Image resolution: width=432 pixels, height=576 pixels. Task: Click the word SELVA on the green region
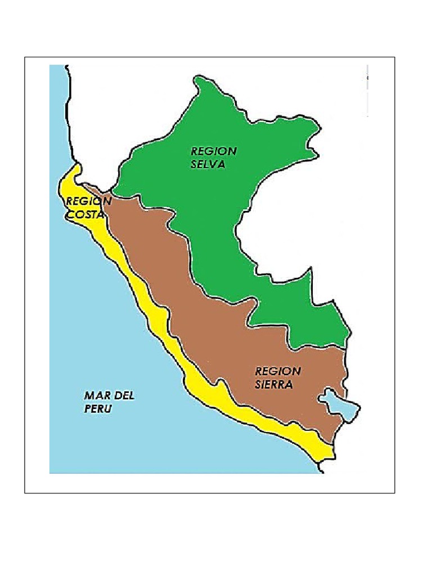click(208, 164)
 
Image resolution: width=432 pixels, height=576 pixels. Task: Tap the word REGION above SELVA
click(213, 151)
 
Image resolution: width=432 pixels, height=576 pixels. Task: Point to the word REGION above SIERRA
click(278, 371)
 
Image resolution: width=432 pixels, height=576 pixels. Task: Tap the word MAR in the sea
click(97, 396)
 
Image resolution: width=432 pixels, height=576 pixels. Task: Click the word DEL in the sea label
click(124, 396)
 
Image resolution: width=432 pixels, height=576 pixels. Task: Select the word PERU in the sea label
click(98, 409)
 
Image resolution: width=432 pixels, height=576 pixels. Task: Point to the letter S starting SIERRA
click(258, 385)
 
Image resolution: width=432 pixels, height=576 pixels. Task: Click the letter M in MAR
click(89, 396)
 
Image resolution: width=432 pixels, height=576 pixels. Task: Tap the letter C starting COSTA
click(70, 214)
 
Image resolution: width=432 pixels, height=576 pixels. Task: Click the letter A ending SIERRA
click(289, 385)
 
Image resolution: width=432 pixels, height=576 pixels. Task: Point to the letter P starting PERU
click(88, 409)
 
